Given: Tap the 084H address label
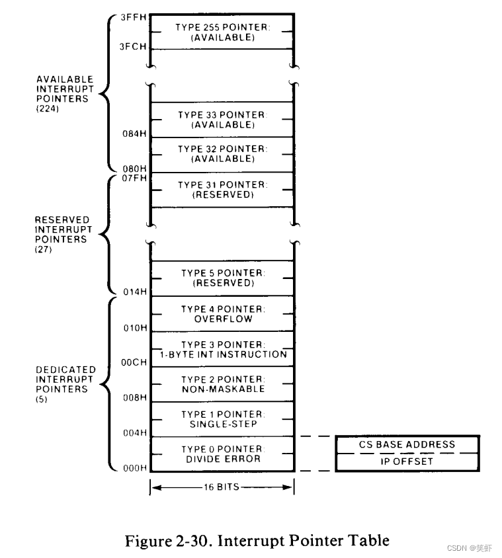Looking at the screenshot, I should click(135, 134).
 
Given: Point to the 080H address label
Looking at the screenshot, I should click(135, 169).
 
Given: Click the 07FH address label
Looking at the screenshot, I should click(135, 178).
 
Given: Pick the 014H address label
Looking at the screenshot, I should click(135, 292).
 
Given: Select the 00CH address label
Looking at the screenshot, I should click(135, 363).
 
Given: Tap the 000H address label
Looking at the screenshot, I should click(135, 468).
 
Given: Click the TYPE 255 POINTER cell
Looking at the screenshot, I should click(222, 32).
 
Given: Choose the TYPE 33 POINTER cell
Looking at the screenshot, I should click(222, 120).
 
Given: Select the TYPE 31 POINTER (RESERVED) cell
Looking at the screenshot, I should click(222, 190).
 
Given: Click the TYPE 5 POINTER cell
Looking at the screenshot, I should click(222, 278).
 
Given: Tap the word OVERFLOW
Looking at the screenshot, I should click(222, 319).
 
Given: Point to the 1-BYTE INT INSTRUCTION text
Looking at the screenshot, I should click(222, 354).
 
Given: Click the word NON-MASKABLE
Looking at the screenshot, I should click(222, 389).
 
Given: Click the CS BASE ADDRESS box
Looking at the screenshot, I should click(407, 445).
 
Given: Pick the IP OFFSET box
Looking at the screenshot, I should click(407, 461).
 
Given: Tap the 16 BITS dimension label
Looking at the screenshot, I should click(222, 489).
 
